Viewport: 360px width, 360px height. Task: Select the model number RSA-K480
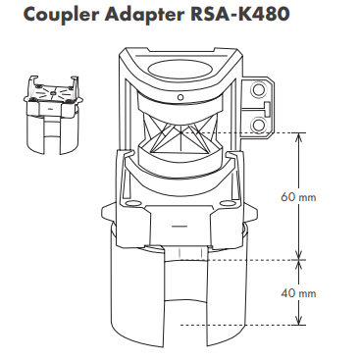click(239, 14)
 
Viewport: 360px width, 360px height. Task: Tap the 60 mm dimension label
click(298, 197)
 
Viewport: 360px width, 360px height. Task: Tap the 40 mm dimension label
click(298, 293)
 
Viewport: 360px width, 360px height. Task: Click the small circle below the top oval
click(180, 97)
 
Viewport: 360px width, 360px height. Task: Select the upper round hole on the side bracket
click(258, 89)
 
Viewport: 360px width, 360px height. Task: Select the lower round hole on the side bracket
click(258, 125)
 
